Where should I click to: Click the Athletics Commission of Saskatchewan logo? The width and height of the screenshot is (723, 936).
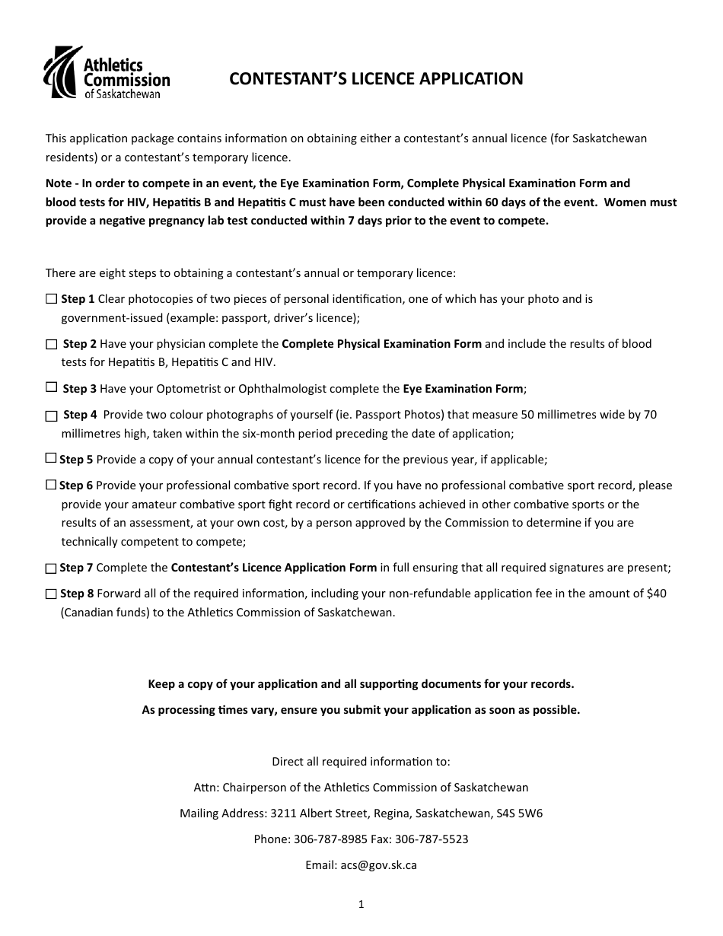coord(107,72)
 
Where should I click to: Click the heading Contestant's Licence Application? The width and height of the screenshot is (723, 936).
coord(376,79)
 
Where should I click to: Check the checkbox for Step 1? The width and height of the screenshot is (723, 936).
coord(51,298)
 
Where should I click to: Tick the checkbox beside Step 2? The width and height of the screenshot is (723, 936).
coord(51,344)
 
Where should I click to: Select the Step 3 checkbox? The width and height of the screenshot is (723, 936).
coord(51,387)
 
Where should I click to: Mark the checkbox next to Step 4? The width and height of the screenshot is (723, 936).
coord(51,415)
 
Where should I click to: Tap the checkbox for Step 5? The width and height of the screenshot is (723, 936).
coord(51,458)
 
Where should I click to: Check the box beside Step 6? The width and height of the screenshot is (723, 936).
coord(51,485)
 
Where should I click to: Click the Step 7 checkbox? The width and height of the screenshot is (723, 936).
coord(51,568)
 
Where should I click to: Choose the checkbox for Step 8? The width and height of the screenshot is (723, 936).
coord(51,594)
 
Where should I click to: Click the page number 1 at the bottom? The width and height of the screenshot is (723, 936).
coord(361,905)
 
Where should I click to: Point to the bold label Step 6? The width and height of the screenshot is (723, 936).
coord(76,486)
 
